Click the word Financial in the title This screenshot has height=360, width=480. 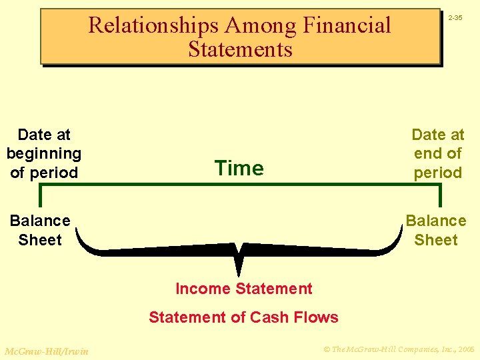pyautogui.click(x=347, y=26)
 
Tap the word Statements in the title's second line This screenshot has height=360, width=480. pyautogui.click(x=240, y=49)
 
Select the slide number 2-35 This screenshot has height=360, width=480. pyautogui.click(x=455, y=17)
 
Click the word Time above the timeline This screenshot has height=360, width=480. pyautogui.click(x=239, y=169)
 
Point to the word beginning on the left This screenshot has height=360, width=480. pyautogui.click(x=44, y=153)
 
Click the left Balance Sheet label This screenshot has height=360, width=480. pyautogui.click(x=40, y=230)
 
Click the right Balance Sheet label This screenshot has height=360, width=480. pyautogui.click(x=436, y=230)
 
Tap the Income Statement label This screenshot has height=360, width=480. pyautogui.click(x=243, y=289)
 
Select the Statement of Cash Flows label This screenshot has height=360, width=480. pyautogui.click(x=243, y=317)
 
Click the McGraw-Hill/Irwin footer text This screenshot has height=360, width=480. pyautogui.click(x=46, y=351)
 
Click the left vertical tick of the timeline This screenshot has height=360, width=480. pyautogui.click(x=40, y=195)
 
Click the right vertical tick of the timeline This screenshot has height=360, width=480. pyautogui.click(x=439, y=195)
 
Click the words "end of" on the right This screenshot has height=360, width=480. pyautogui.click(x=437, y=153)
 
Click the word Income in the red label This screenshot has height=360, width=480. pyautogui.click(x=201, y=289)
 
